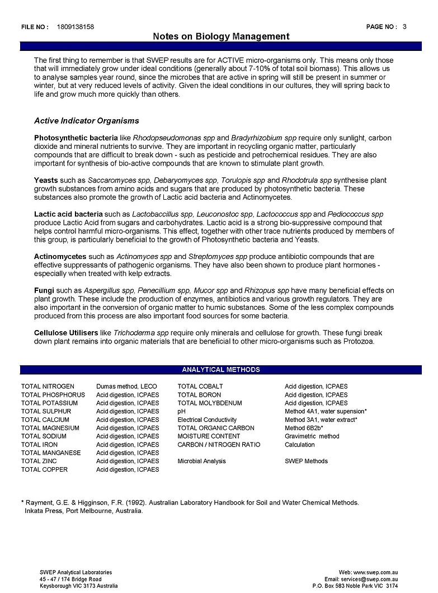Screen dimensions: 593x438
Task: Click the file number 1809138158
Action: (76, 27)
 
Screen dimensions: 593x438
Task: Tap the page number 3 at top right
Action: (404, 27)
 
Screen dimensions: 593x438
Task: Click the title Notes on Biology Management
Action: (221, 36)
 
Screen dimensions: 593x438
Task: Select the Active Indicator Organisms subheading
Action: (87, 121)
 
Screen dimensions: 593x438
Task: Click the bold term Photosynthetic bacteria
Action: (76, 138)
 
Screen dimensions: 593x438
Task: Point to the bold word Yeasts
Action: (46, 180)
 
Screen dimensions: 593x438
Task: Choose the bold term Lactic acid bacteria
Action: (68, 214)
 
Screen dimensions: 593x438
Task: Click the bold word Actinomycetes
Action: (60, 256)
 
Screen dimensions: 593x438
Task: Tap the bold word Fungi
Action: (44, 290)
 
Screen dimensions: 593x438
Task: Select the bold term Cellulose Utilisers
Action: (66, 333)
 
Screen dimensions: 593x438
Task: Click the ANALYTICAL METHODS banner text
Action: (221, 370)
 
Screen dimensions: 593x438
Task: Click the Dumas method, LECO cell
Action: (126, 387)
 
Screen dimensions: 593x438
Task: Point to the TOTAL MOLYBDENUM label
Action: (210, 403)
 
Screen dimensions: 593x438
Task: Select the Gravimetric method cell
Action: (312, 436)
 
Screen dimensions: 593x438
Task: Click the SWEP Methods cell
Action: (306, 462)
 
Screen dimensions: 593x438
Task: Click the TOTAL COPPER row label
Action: (44, 470)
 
